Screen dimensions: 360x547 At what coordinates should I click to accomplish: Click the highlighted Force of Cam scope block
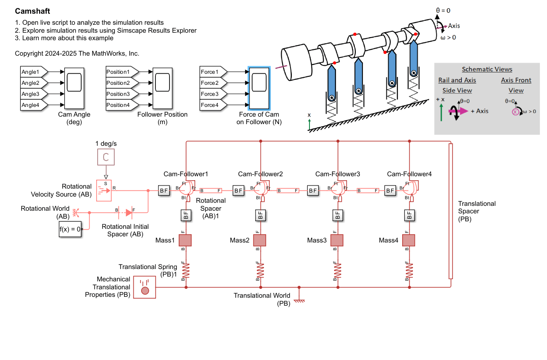(x=259, y=88)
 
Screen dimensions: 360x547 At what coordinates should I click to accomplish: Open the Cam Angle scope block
(x=75, y=88)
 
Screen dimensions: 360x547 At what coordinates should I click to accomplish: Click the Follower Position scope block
(x=162, y=88)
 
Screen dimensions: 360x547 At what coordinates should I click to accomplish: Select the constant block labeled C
(x=106, y=157)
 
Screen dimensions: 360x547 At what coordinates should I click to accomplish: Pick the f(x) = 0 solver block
(x=70, y=230)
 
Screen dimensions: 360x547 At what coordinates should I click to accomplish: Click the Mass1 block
(x=185, y=240)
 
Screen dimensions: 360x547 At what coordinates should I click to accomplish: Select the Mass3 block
(x=337, y=240)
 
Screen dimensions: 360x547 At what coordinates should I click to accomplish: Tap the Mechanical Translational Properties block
(x=144, y=287)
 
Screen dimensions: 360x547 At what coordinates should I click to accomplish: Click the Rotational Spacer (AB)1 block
(x=211, y=190)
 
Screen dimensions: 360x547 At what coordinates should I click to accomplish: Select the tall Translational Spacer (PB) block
(x=450, y=211)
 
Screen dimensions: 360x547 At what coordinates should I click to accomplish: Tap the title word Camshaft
(x=32, y=11)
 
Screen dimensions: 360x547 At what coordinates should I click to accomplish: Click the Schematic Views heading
(x=487, y=69)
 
